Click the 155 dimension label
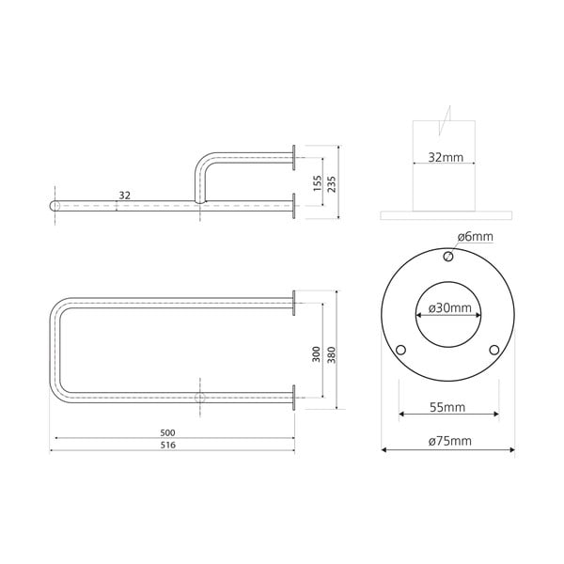pyautogui.click(x=319, y=182)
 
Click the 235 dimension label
pyautogui.click(x=332, y=183)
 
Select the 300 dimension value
pyautogui.click(x=317, y=353)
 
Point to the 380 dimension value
pyautogui.click(x=331, y=353)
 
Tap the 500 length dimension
pyautogui.click(x=168, y=432)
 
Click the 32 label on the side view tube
pyautogui.click(x=124, y=196)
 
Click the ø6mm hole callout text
pyautogui.click(x=476, y=236)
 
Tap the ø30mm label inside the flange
pyautogui.click(x=447, y=308)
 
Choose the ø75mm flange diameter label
pyautogui.click(x=447, y=441)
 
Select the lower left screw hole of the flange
pyautogui.click(x=401, y=350)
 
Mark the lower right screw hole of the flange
pyautogui.click(x=493, y=350)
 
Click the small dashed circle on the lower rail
pyautogui.click(x=199, y=399)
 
